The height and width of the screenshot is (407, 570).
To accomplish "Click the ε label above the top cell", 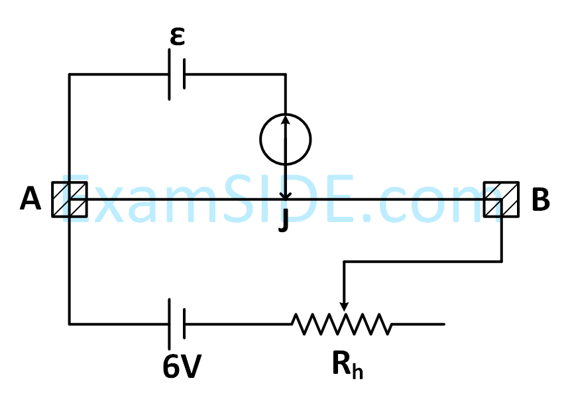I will [176, 37].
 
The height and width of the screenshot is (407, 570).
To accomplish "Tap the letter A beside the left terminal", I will [30, 199].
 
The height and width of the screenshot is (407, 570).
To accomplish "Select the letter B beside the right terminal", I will [540, 200].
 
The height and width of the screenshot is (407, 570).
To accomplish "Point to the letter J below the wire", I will [284, 221].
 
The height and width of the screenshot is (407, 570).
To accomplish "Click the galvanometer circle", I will [286, 139].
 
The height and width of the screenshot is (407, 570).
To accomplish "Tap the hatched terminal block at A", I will [70, 199].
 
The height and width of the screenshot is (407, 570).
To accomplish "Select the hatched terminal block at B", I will [500, 199].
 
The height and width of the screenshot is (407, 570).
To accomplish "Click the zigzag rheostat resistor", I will [341, 324].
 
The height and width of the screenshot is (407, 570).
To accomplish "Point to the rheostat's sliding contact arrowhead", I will [343, 305].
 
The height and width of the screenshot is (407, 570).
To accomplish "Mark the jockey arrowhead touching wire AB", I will [286, 196].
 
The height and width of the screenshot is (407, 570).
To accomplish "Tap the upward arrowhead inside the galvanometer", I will [286, 119].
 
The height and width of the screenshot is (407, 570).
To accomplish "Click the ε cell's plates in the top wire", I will [177, 74].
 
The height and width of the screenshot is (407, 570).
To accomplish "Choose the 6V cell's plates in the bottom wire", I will [177, 324].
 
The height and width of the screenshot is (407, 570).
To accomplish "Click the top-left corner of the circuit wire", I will [70, 74].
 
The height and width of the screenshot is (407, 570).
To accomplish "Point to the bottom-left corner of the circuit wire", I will [70, 324].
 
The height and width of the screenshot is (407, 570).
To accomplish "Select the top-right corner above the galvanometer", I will [286, 74].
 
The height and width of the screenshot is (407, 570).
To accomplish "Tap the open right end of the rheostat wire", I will [443, 324].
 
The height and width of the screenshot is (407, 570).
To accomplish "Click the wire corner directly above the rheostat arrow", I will [343, 262].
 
